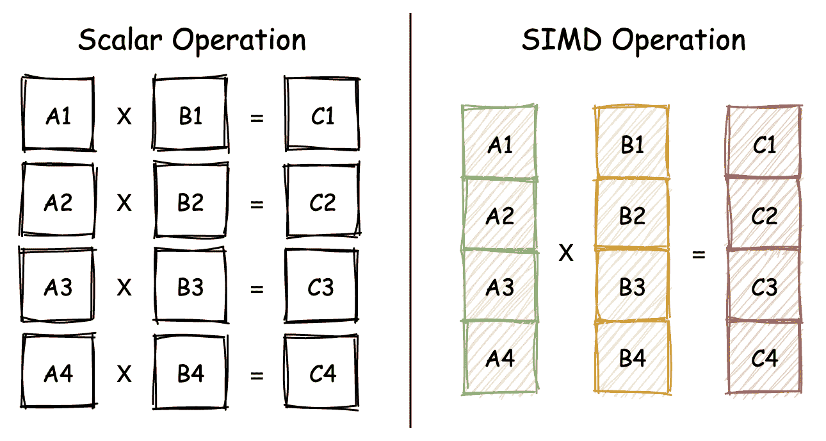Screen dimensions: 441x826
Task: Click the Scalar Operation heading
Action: click(x=192, y=40)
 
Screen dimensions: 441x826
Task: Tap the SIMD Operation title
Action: click(x=633, y=40)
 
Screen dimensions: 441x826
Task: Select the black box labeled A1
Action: click(x=58, y=116)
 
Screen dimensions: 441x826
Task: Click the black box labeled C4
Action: click(x=322, y=373)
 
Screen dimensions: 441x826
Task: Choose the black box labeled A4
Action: click(x=58, y=373)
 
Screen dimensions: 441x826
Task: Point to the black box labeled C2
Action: click(x=322, y=203)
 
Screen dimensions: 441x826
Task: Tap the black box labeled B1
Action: click(x=190, y=116)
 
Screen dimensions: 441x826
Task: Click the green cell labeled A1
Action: click(x=499, y=145)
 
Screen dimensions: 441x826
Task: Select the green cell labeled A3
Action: click(x=499, y=287)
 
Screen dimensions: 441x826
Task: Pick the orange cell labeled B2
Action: click(x=632, y=216)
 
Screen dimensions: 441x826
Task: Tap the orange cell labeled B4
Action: click(x=632, y=358)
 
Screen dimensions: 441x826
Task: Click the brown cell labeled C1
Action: click(x=764, y=145)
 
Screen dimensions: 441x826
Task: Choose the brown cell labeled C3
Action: click(x=764, y=287)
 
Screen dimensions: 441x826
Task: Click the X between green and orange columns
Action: click(x=565, y=254)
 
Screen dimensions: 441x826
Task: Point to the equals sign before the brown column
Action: click(x=699, y=254)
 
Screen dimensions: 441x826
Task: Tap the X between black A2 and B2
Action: click(x=124, y=203)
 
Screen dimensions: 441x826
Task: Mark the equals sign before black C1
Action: click(x=257, y=117)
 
